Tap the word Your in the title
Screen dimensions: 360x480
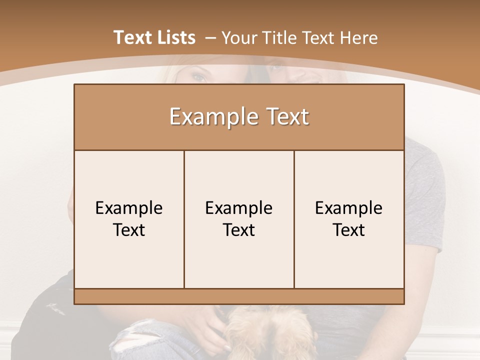point(239,38)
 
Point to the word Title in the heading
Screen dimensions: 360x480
point(276,38)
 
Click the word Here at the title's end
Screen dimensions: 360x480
point(358,38)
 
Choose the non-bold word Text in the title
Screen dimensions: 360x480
point(316,38)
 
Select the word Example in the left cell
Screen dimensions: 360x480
point(129,208)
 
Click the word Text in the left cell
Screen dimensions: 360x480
point(129,230)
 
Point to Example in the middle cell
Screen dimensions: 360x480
point(239,208)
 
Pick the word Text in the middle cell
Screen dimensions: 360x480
point(239,230)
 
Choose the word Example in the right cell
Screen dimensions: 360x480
point(349,208)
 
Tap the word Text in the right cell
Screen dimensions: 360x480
point(349,230)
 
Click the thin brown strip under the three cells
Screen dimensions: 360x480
point(239,296)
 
